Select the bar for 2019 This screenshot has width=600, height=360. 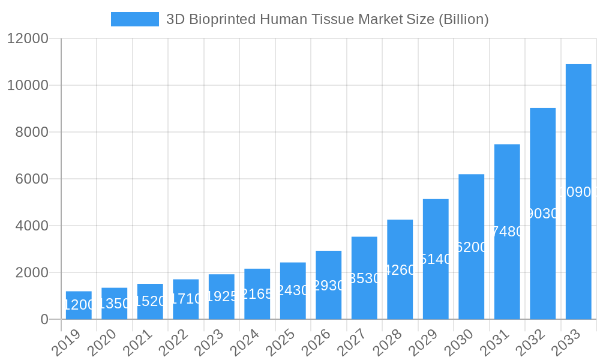pos(79,305)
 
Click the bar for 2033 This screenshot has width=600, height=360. pos(578,191)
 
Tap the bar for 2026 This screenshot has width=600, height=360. pos(329,285)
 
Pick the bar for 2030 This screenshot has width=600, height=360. pos(472,247)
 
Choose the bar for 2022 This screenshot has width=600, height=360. pos(186,299)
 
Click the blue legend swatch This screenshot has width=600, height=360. pos(135,19)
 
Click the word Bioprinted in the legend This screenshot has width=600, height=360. pos(221,19)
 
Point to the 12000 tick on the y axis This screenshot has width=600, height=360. pos(27,38)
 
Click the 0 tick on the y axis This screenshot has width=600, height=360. pos(44,319)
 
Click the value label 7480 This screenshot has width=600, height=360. pos(508,232)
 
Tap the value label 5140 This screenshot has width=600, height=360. pos(436,259)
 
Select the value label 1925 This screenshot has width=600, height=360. pos(221,296)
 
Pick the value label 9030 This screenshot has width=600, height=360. pos(543,214)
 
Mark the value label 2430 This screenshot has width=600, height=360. pos(293,290)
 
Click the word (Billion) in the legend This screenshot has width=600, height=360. pos(464,19)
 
